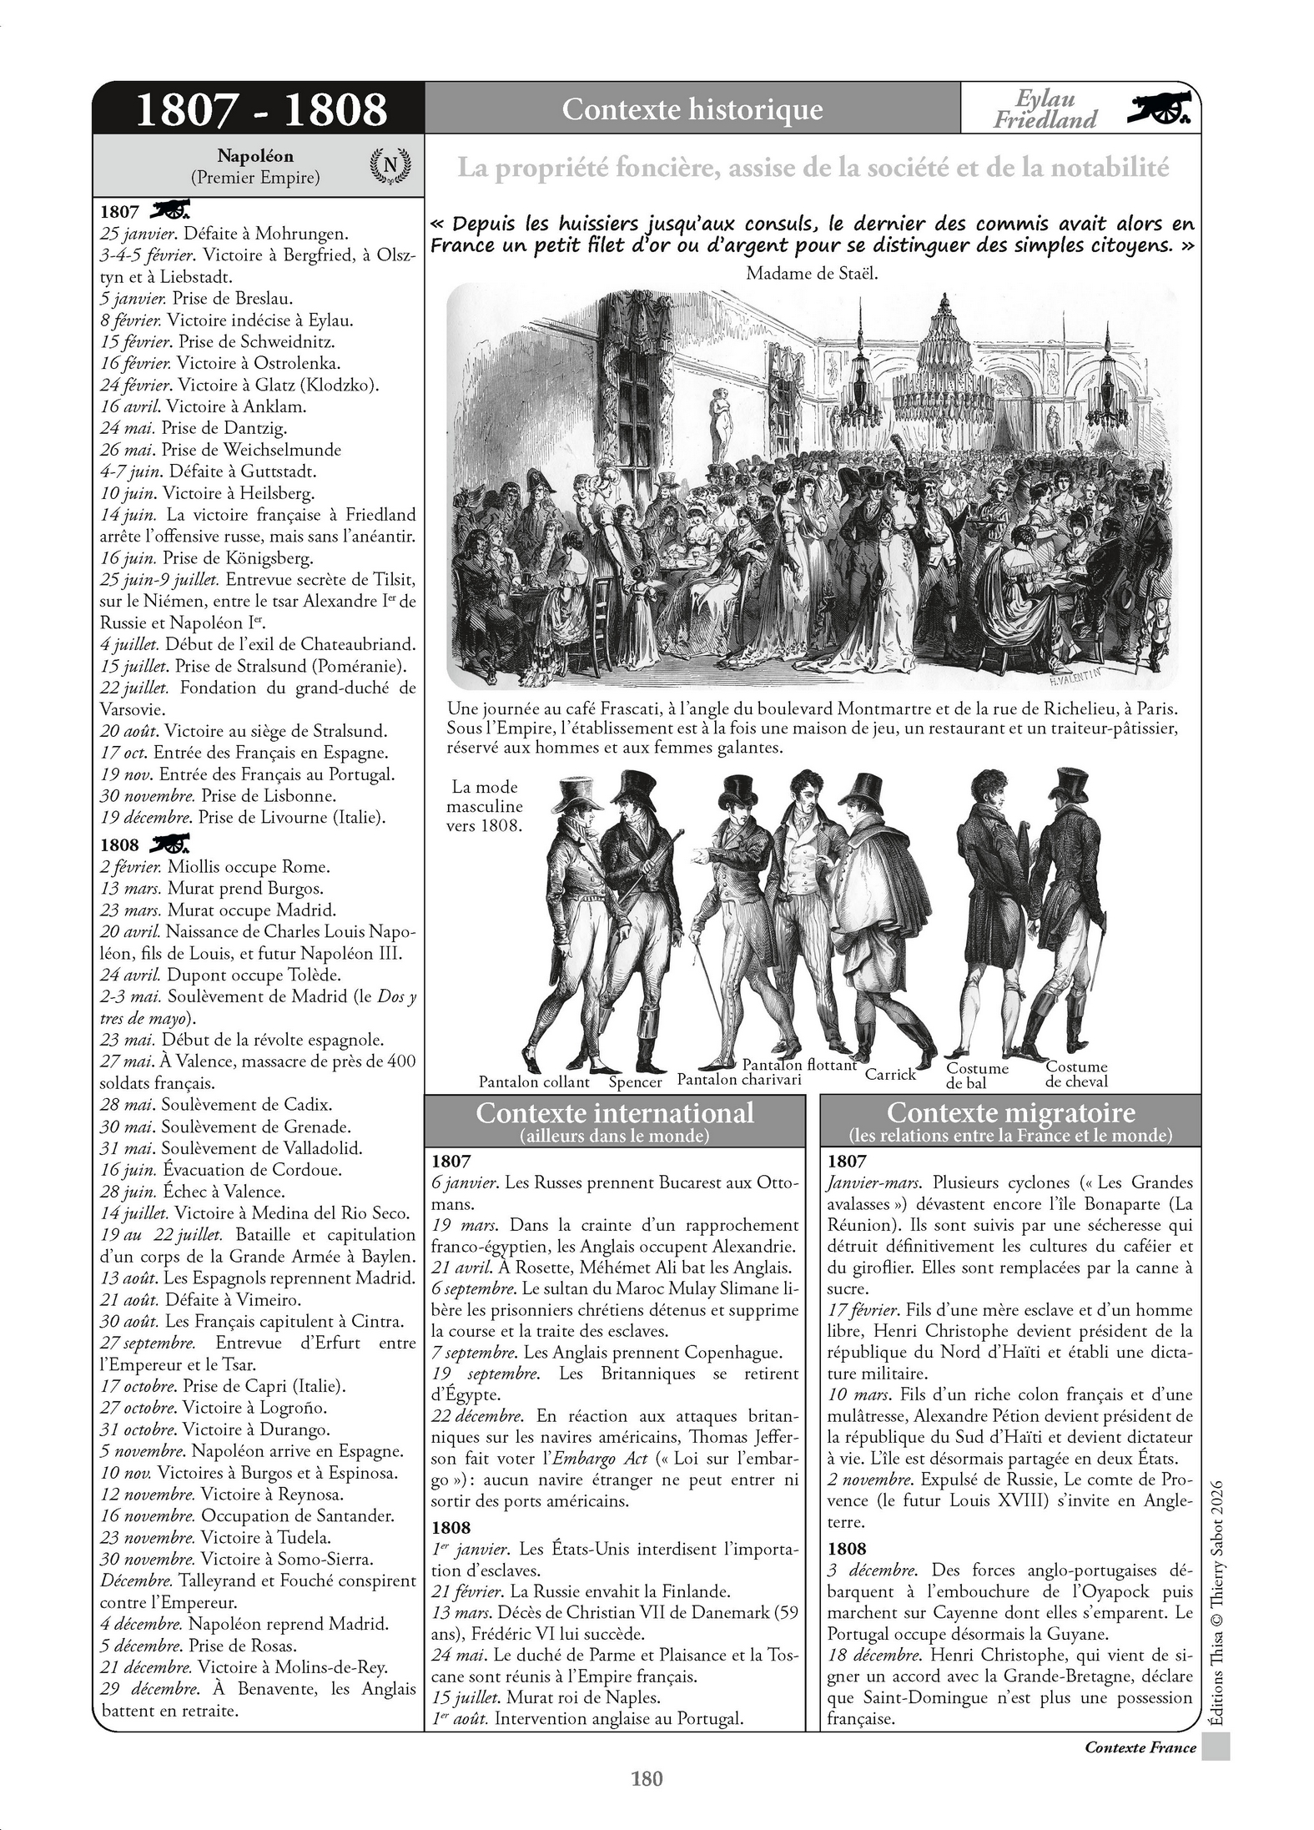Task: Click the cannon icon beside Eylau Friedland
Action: (x=1161, y=108)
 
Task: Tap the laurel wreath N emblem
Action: (x=390, y=165)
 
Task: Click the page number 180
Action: (x=647, y=1778)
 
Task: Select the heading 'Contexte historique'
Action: (x=692, y=109)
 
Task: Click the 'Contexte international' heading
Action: (x=614, y=1113)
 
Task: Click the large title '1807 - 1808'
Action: (x=260, y=109)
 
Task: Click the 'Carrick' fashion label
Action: (x=890, y=1075)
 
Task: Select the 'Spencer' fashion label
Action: (x=635, y=1082)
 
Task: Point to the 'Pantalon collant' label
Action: (x=534, y=1082)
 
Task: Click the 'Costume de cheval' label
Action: (x=1076, y=1074)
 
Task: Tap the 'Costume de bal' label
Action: (x=977, y=1076)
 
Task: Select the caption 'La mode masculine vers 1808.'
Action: (x=484, y=806)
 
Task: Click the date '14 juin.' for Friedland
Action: (x=128, y=515)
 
